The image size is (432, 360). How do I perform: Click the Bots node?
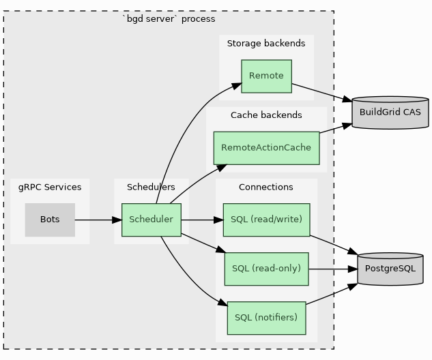pos(50,220)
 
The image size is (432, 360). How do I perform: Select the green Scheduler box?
pos(151,220)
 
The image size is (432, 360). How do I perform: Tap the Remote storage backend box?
pos(266,76)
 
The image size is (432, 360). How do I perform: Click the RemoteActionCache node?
pos(266,148)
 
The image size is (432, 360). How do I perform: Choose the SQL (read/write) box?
pos(266,220)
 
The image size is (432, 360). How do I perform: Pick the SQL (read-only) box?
pos(266,269)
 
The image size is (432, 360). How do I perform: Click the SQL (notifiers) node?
pos(266,318)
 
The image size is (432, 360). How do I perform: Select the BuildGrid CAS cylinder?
pos(390,112)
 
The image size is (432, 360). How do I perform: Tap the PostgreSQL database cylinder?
pos(390,269)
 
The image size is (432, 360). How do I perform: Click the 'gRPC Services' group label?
pos(50,187)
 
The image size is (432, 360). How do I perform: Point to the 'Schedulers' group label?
pos(151,187)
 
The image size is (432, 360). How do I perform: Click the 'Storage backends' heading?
pos(266,44)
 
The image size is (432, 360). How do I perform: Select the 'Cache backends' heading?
pos(266,115)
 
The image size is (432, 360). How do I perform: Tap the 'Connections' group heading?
pos(266,187)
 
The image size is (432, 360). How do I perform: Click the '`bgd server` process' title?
pos(169,19)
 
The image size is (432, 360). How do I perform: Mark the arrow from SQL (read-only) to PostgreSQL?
pos(333,269)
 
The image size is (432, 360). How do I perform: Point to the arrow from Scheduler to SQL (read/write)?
pos(202,220)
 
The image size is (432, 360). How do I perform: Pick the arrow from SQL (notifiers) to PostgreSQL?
pos(332,295)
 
